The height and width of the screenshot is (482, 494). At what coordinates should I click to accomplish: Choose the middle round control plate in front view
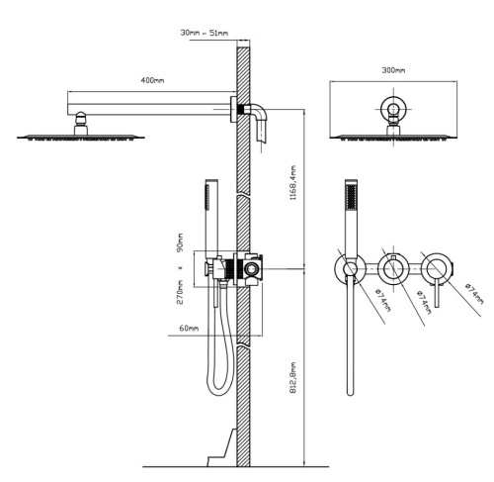392,268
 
